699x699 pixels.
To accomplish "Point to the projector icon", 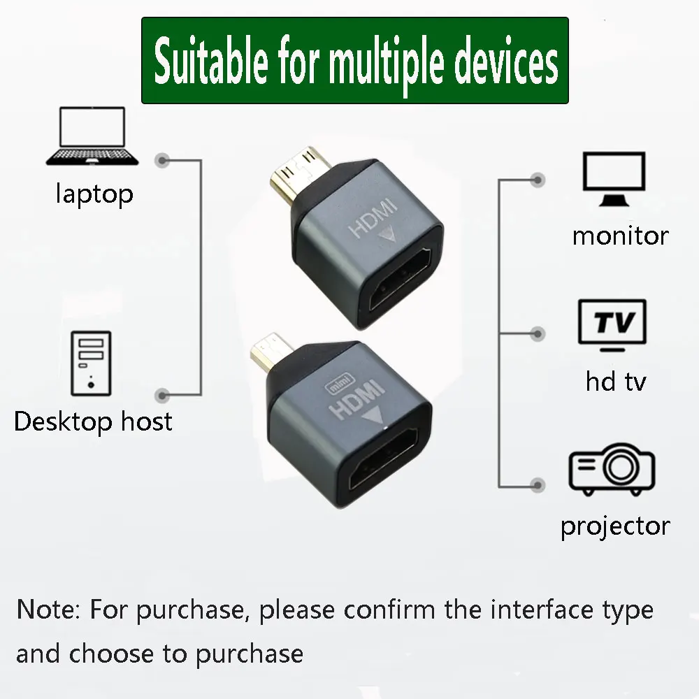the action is click(x=612, y=470).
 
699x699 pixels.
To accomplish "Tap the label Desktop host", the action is click(x=93, y=421).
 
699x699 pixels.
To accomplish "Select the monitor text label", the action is click(x=620, y=236).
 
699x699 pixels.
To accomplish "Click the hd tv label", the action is click(x=615, y=382).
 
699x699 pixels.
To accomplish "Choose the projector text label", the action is click(x=615, y=526).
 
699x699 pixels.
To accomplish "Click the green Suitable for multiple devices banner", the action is click(x=355, y=62).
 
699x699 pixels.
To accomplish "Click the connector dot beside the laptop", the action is click(x=163, y=160).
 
